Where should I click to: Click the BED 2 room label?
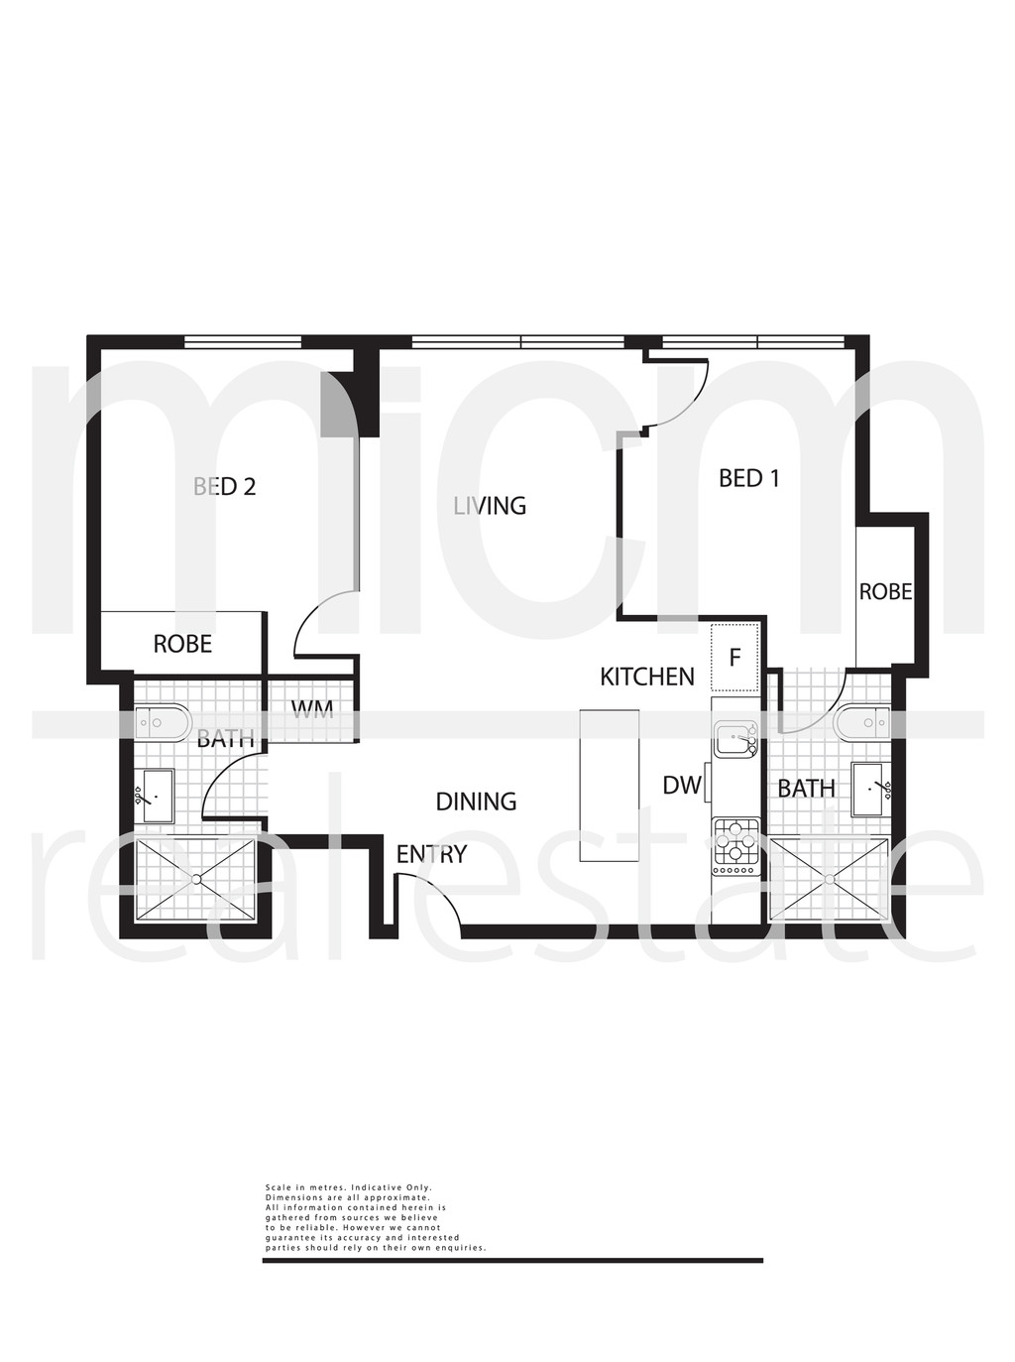(x=224, y=486)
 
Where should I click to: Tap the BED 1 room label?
(x=749, y=478)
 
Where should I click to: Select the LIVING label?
(x=490, y=506)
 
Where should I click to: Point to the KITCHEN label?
(x=647, y=677)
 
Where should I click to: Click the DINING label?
(x=476, y=802)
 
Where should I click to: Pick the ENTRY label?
(x=431, y=854)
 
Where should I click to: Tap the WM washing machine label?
(x=312, y=709)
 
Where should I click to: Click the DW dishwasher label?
(x=681, y=786)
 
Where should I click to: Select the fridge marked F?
(x=735, y=658)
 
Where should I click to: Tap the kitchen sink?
(x=736, y=739)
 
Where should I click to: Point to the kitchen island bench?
(x=609, y=786)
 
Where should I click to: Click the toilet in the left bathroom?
(x=161, y=723)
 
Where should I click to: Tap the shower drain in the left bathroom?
(x=196, y=879)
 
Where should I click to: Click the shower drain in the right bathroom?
(x=829, y=879)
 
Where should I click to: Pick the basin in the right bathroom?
(x=871, y=790)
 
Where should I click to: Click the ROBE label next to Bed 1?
(x=885, y=592)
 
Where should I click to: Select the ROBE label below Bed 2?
(x=183, y=644)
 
